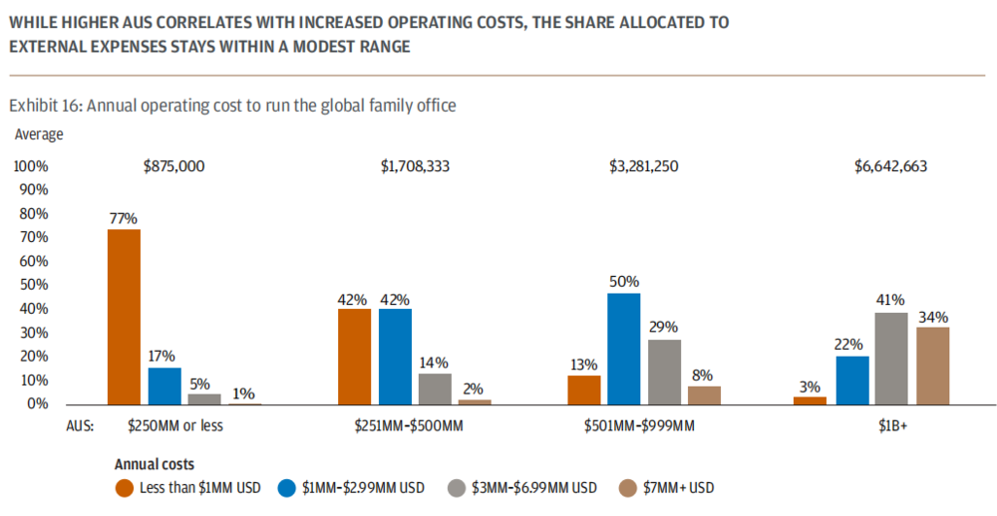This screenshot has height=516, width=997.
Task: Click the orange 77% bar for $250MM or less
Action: click(124, 317)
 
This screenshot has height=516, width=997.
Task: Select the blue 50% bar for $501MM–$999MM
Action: click(623, 349)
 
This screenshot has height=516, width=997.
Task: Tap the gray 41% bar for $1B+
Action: click(892, 359)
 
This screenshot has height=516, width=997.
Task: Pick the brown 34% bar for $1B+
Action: click(933, 366)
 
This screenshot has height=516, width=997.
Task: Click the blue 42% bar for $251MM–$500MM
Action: click(395, 356)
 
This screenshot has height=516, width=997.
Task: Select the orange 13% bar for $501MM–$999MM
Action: click(583, 389)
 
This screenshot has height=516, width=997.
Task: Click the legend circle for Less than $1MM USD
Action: click(125, 487)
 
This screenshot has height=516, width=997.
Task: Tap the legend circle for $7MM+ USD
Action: click(627, 487)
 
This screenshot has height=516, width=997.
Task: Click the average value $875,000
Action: click(174, 166)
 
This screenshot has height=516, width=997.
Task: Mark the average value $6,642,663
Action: click(890, 166)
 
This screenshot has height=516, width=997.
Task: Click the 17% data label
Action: click(163, 356)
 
